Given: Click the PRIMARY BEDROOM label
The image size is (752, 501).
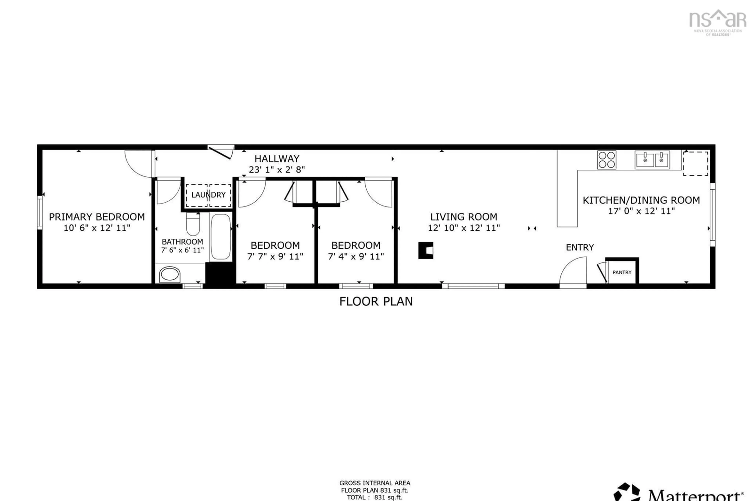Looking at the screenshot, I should [x=97, y=217].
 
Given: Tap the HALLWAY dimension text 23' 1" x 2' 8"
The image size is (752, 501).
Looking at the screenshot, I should [x=277, y=170].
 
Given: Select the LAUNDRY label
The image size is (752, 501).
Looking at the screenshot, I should [x=208, y=195].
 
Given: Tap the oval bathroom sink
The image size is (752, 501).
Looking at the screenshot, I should [x=170, y=274].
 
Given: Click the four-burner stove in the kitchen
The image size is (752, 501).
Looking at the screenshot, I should [x=606, y=160].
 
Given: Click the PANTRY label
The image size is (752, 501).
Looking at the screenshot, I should [x=622, y=272].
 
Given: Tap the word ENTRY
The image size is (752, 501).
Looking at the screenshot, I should [x=580, y=247].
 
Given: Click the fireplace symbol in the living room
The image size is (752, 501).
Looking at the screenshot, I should [x=426, y=250].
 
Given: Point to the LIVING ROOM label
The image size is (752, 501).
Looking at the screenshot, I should [x=464, y=217].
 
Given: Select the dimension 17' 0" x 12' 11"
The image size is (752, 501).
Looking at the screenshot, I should [x=641, y=211].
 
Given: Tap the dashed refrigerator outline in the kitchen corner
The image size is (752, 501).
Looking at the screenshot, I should [x=695, y=164].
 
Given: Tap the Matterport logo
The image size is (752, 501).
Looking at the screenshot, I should [x=681, y=495].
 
